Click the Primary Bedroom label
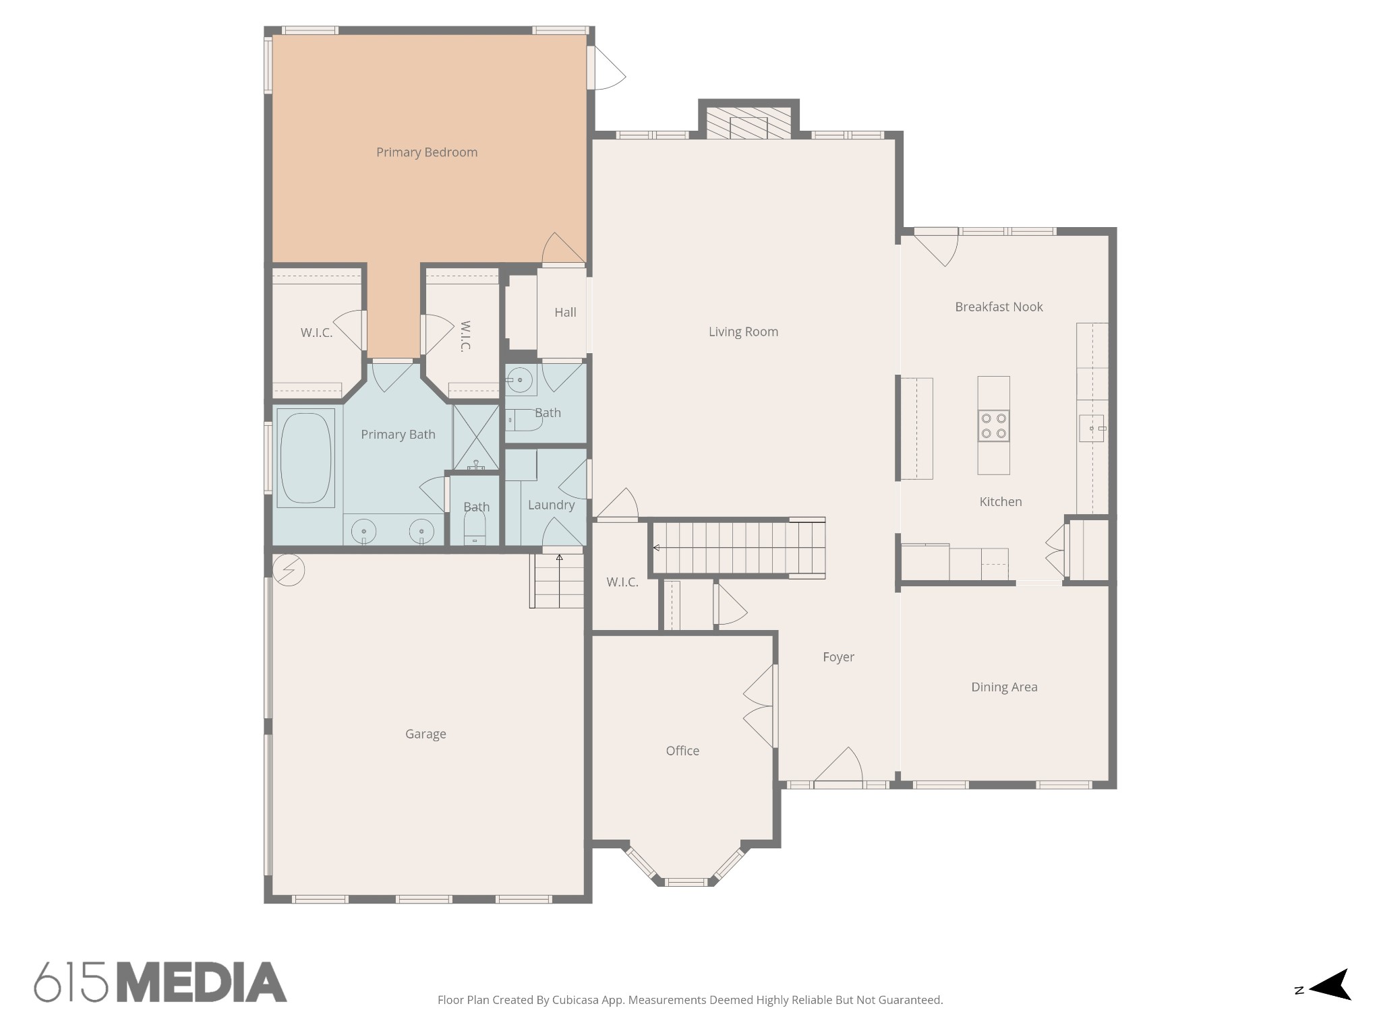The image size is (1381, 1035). pyautogui.click(x=426, y=152)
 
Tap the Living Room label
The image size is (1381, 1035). pyautogui.click(x=742, y=332)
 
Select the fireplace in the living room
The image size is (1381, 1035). pyautogui.click(x=748, y=124)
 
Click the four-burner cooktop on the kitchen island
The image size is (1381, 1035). pyautogui.click(x=993, y=426)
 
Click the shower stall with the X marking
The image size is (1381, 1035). pyautogui.click(x=475, y=437)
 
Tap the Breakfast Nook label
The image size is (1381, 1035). pyautogui.click(x=998, y=307)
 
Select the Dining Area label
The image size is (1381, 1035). pyautogui.click(x=1003, y=687)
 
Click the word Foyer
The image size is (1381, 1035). pyautogui.click(x=838, y=657)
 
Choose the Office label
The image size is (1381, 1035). pyautogui.click(x=682, y=751)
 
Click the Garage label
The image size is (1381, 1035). pyautogui.click(x=425, y=734)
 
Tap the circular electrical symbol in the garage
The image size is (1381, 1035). pyautogui.click(x=289, y=570)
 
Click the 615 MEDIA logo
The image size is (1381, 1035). pyautogui.click(x=160, y=982)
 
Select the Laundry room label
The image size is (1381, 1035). pyautogui.click(x=551, y=505)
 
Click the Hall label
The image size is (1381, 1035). pyautogui.click(x=565, y=313)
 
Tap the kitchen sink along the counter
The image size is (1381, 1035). pyautogui.click(x=1092, y=429)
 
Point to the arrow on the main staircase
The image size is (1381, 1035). pyautogui.click(x=656, y=548)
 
